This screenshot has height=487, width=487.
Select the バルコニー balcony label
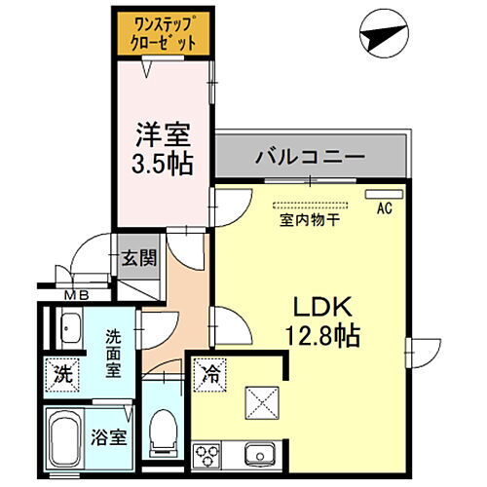[x=310, y=156]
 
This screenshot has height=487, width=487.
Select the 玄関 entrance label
[x=138, y=258]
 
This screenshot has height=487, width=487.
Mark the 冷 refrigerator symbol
[x=210, y=371]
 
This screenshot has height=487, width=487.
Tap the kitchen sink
[x=261, y=453]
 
